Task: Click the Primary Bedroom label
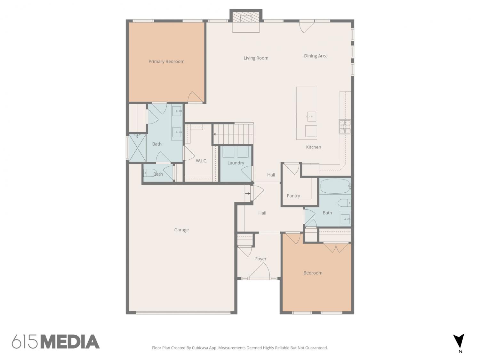click(x=166, y=61)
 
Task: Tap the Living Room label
click(x=256, y=58)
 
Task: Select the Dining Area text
click(x=316, y=56)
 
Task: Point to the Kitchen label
click(x=313, y=147)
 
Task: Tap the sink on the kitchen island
click(x=311, y=116)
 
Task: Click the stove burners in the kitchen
click(x=345, y=126)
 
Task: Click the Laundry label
click(x=236, y=163)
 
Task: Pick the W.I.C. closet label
click(x=201, y=161)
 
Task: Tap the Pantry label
click(x=293, y=196)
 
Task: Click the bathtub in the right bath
click(x=335, y=186)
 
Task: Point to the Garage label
click(x=181, y=230)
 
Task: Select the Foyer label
click(x=261, y=259)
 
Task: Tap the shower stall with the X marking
click(x=137, y=148)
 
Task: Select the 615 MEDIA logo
click(x=56, y=342)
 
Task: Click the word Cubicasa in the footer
click(x=200, y=348)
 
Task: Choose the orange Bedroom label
click(x=313, y=273)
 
